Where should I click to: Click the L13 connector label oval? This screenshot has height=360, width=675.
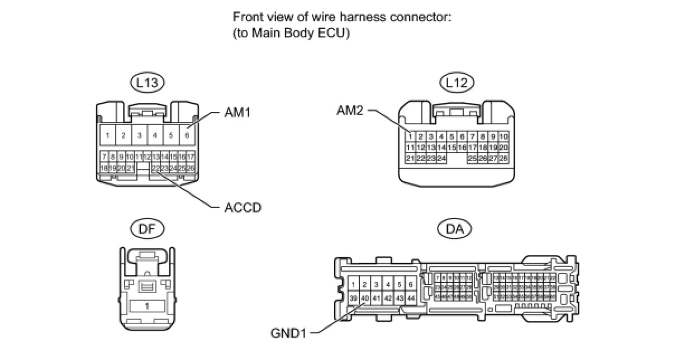[x=146, y=83]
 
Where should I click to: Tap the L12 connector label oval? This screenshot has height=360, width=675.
[x=457, y=83]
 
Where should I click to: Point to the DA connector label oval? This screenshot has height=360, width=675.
[x=455, y=228]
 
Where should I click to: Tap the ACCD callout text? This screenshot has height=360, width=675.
[x=243, y=207]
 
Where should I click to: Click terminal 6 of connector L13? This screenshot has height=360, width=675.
[x=187, y=135]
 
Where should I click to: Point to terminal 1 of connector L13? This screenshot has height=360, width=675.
[x=108, y=135]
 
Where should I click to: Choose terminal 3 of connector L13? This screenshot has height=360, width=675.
[x=140, y=135]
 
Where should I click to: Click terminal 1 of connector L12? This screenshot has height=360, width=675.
[x=410, y=136]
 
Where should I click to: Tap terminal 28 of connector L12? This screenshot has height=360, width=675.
[x=503, y=159]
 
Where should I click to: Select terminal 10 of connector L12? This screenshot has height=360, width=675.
[x=503, y=136]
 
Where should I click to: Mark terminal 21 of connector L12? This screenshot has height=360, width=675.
[x=410, y=159]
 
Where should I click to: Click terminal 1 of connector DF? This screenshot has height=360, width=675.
[x=147, y=306]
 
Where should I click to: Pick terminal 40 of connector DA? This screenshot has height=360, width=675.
[x=364, y=299]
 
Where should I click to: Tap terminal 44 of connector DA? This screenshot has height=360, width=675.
[x=411, y=299]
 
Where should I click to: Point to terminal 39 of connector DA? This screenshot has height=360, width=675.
[x=353, y=299]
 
